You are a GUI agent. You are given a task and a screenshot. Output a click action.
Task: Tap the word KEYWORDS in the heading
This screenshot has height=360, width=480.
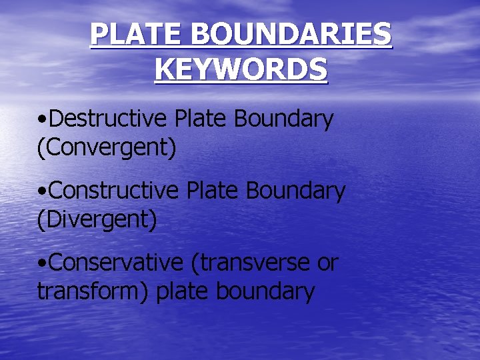pyautogui.click(x=241, y=69)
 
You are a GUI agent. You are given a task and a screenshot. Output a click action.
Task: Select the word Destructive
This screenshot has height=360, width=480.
pyautogui.click(x=109, y=119)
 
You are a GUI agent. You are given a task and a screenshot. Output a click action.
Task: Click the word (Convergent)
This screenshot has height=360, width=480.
pyautogui.click(x=107, y=147)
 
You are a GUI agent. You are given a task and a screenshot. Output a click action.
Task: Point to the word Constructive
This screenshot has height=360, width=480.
pyautogui.click(x=114, y=191)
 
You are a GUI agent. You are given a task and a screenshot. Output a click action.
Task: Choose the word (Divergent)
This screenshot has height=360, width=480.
pyautogui.click(x=97, y=219)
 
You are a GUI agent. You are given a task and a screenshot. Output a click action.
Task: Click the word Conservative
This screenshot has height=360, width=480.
pyautogui.click(x=115, y=263)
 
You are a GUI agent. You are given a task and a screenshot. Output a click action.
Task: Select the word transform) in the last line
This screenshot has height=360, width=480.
pyautogui.click(x=93, y=291)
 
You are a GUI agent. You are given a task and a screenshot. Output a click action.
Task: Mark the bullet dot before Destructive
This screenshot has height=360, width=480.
pyautogui.click(x=42, y=120)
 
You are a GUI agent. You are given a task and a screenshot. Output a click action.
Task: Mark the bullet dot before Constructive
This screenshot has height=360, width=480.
pyautogui.click(x=42, y=192)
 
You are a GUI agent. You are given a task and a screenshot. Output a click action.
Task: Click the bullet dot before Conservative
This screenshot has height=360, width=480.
pyautogui.click(x=42, y=264)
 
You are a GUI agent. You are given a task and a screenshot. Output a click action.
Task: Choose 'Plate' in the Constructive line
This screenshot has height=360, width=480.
pyautogui.click(x=210, y=191)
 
